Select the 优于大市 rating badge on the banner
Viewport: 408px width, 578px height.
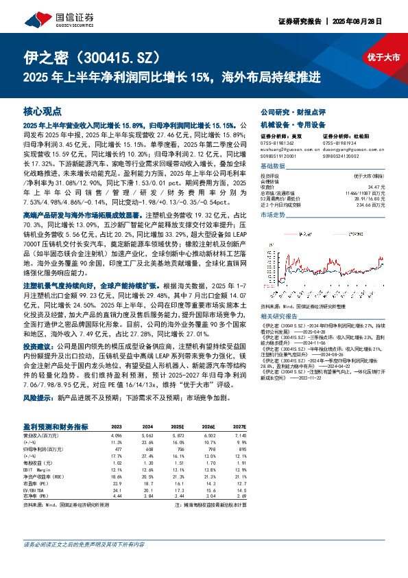(383, 58)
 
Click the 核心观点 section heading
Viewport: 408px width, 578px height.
(43, 111)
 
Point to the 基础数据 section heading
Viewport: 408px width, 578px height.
(273, 166)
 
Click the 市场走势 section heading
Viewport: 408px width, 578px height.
(273, 215)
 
